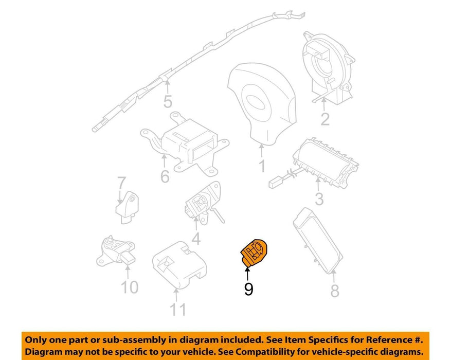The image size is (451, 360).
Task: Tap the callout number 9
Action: (248, 290)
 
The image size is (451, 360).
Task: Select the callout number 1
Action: (262, 166)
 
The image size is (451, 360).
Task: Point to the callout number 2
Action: (325, 119)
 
